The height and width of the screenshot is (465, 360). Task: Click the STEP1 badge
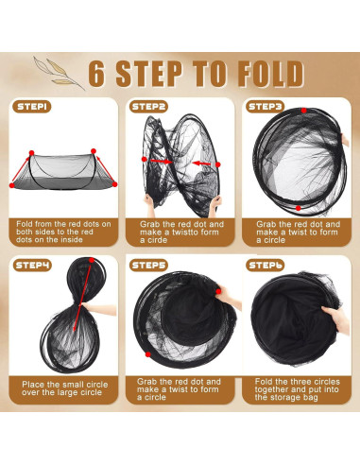pyautogui.click(x=32, y=107)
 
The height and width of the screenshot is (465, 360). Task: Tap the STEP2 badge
pyautogui.click(x=148, y=107)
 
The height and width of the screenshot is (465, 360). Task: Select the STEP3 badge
pyautogui.click(x=266, y=107)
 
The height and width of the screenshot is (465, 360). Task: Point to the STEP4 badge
pyautogui.click(x=32, y=265)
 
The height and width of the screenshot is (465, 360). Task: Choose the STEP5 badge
pyautogui.click(x=148, y=265)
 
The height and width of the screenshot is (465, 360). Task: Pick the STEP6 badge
pyautogui.click(x=266, y=265)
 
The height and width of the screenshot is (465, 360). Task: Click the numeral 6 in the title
pyautogui.click(x=96, y=75)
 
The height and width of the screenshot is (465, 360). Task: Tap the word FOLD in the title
pyautogui.click(x=271, y=74)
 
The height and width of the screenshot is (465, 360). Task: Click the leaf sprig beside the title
pyautogui.click(x=59, y=73)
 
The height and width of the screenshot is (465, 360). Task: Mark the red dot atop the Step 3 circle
pyautogui.click(x=303, y=111)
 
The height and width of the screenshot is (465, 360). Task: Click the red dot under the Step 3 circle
pyautogui.click(x=298, y=208)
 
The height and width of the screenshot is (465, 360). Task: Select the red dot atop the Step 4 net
pyautogui.click(x=92, y=260)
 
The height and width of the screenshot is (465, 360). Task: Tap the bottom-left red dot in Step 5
pyautogui.click(x=147, y=354)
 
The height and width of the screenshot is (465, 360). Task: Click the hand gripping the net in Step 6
pyautogui.click(x=337, y=319)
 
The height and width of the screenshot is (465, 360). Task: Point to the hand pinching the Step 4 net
pyautogui.click(x=98, y=309)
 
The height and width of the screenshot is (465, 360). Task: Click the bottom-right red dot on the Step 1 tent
pyautogui.click(x=114, y=184)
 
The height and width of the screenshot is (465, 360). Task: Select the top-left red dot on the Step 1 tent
pyautogui.click(x=31, y=153)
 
